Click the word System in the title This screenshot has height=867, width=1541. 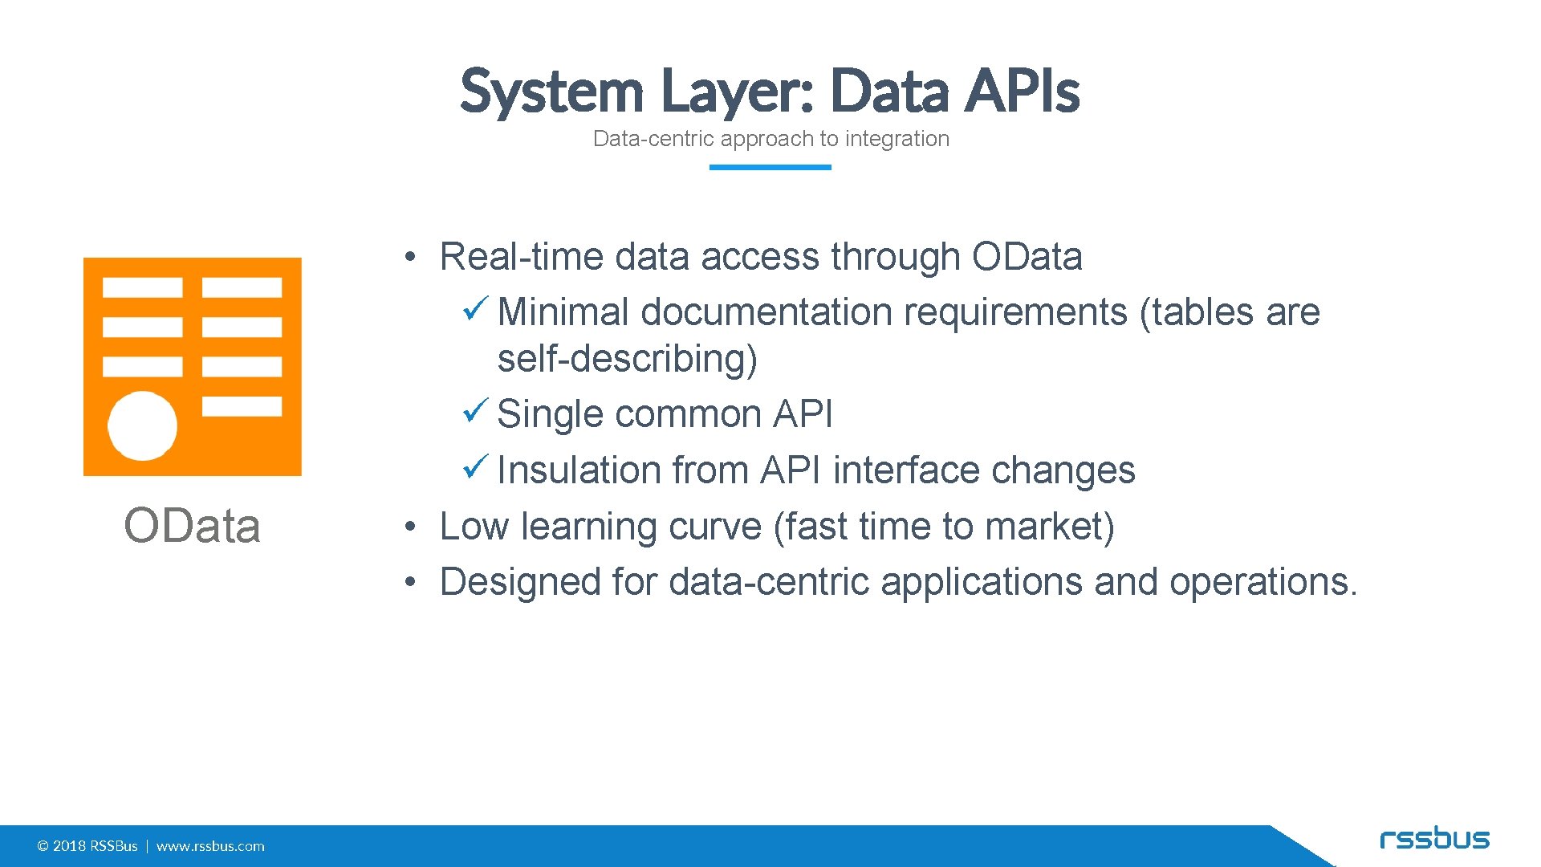click(552, 91)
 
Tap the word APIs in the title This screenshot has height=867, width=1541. click(1022, 91)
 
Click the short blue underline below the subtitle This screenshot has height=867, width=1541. click(770, 167)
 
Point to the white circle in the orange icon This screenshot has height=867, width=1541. click(143, 425)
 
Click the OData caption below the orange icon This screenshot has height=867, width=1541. click(192, 527)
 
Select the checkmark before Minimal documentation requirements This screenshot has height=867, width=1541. click(475, 308)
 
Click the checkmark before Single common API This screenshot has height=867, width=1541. click(475, 411)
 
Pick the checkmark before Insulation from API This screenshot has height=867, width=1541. click(475, 466)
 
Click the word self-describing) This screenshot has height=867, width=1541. click(627, 358)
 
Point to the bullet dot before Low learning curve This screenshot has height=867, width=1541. click(409, 527)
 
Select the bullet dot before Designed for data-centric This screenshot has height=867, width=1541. click(409, 582)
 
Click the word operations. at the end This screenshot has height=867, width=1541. click(1263, 582)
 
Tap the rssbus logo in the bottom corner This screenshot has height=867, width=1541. click(1434, 839)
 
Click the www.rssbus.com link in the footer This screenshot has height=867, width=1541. click(210, 846)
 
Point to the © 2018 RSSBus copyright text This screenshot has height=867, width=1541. click(87, 846)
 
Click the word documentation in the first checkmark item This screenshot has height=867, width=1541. click(766, 312)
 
